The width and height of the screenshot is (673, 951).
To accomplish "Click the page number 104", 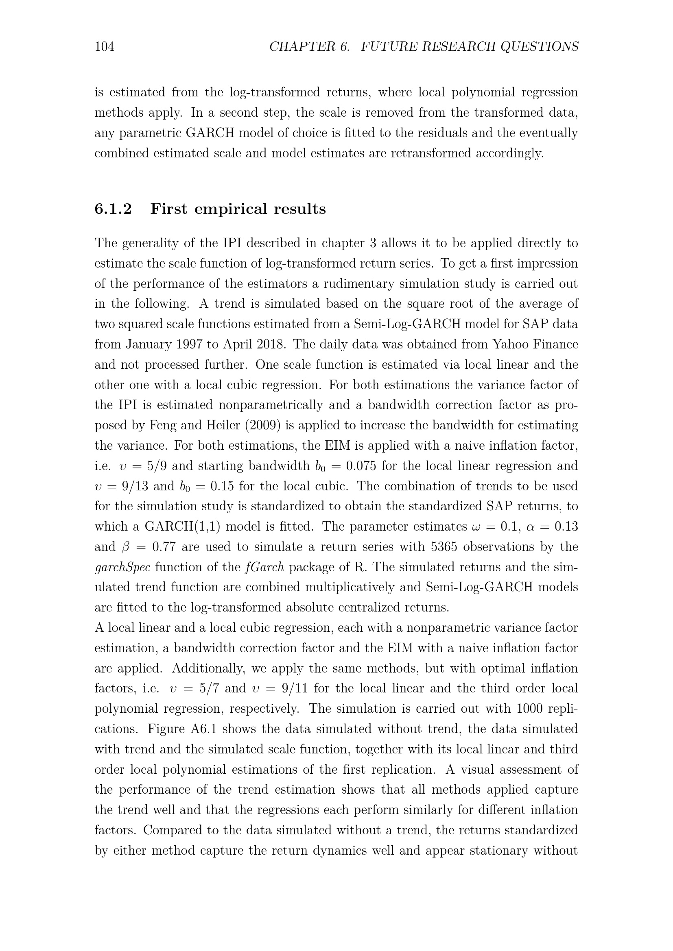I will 105,46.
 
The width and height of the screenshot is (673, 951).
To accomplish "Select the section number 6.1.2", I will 113,209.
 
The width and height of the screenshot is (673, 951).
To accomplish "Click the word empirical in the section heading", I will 230,209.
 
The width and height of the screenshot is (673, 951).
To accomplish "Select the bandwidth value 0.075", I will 361,466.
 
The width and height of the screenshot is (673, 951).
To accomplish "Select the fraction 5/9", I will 157,466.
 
